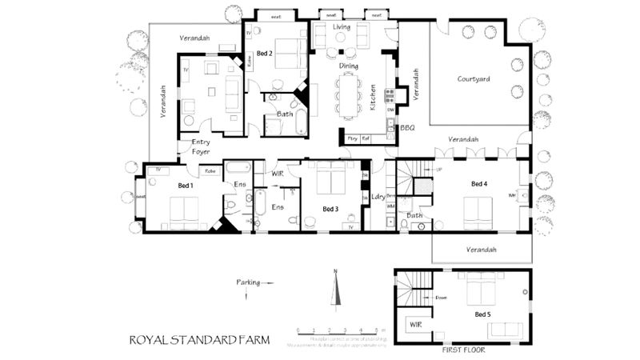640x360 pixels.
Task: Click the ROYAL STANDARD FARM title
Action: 199,340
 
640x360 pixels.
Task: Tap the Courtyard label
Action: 474,79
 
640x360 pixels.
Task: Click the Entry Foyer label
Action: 202,146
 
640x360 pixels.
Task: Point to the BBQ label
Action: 407,127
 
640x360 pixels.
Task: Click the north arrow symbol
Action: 337,289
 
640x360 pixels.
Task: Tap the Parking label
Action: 249,282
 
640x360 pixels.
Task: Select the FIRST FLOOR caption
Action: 463,350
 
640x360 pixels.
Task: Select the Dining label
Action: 348,66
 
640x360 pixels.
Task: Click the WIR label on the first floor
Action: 415,326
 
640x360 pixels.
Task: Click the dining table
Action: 350,94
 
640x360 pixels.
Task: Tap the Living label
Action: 342,26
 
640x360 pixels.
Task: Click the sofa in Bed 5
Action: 504,329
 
